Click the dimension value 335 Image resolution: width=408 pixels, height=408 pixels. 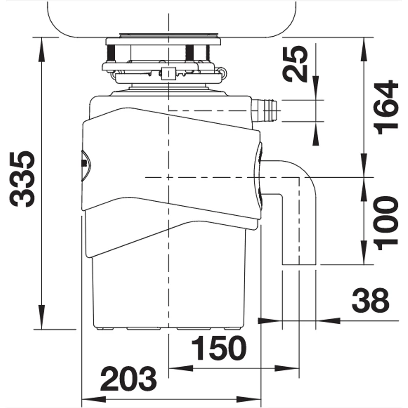click(x=22, y=179)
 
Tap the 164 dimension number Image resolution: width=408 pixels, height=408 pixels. click(x=386, y=107)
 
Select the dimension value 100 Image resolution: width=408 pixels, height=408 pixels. click(x=386, y=223)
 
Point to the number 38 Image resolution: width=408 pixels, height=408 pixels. click(x=370, y=301)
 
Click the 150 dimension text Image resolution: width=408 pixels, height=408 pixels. click(x=219, y=348)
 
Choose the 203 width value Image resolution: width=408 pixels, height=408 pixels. click(x=129, y=379)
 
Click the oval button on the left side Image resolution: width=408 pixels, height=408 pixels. click(x=86, y=165)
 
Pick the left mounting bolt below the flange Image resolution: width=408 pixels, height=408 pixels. click(x=112, y=53)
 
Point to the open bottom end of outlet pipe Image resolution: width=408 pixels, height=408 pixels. click(x=299, y=265)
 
